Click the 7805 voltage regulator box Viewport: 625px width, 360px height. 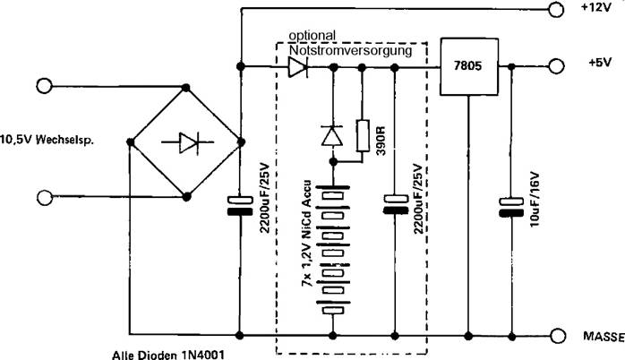[468, 68]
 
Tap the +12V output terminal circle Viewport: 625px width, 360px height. [556, 11]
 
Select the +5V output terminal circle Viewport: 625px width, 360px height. [556, 67]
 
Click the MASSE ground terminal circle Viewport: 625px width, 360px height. [556, 336]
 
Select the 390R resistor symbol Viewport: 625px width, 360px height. [363, 135]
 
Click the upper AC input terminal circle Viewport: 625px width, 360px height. [41, 86]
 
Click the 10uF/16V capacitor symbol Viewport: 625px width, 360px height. [510, 209]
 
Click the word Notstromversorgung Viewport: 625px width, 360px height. [350, 51]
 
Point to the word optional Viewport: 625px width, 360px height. [312, 36]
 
